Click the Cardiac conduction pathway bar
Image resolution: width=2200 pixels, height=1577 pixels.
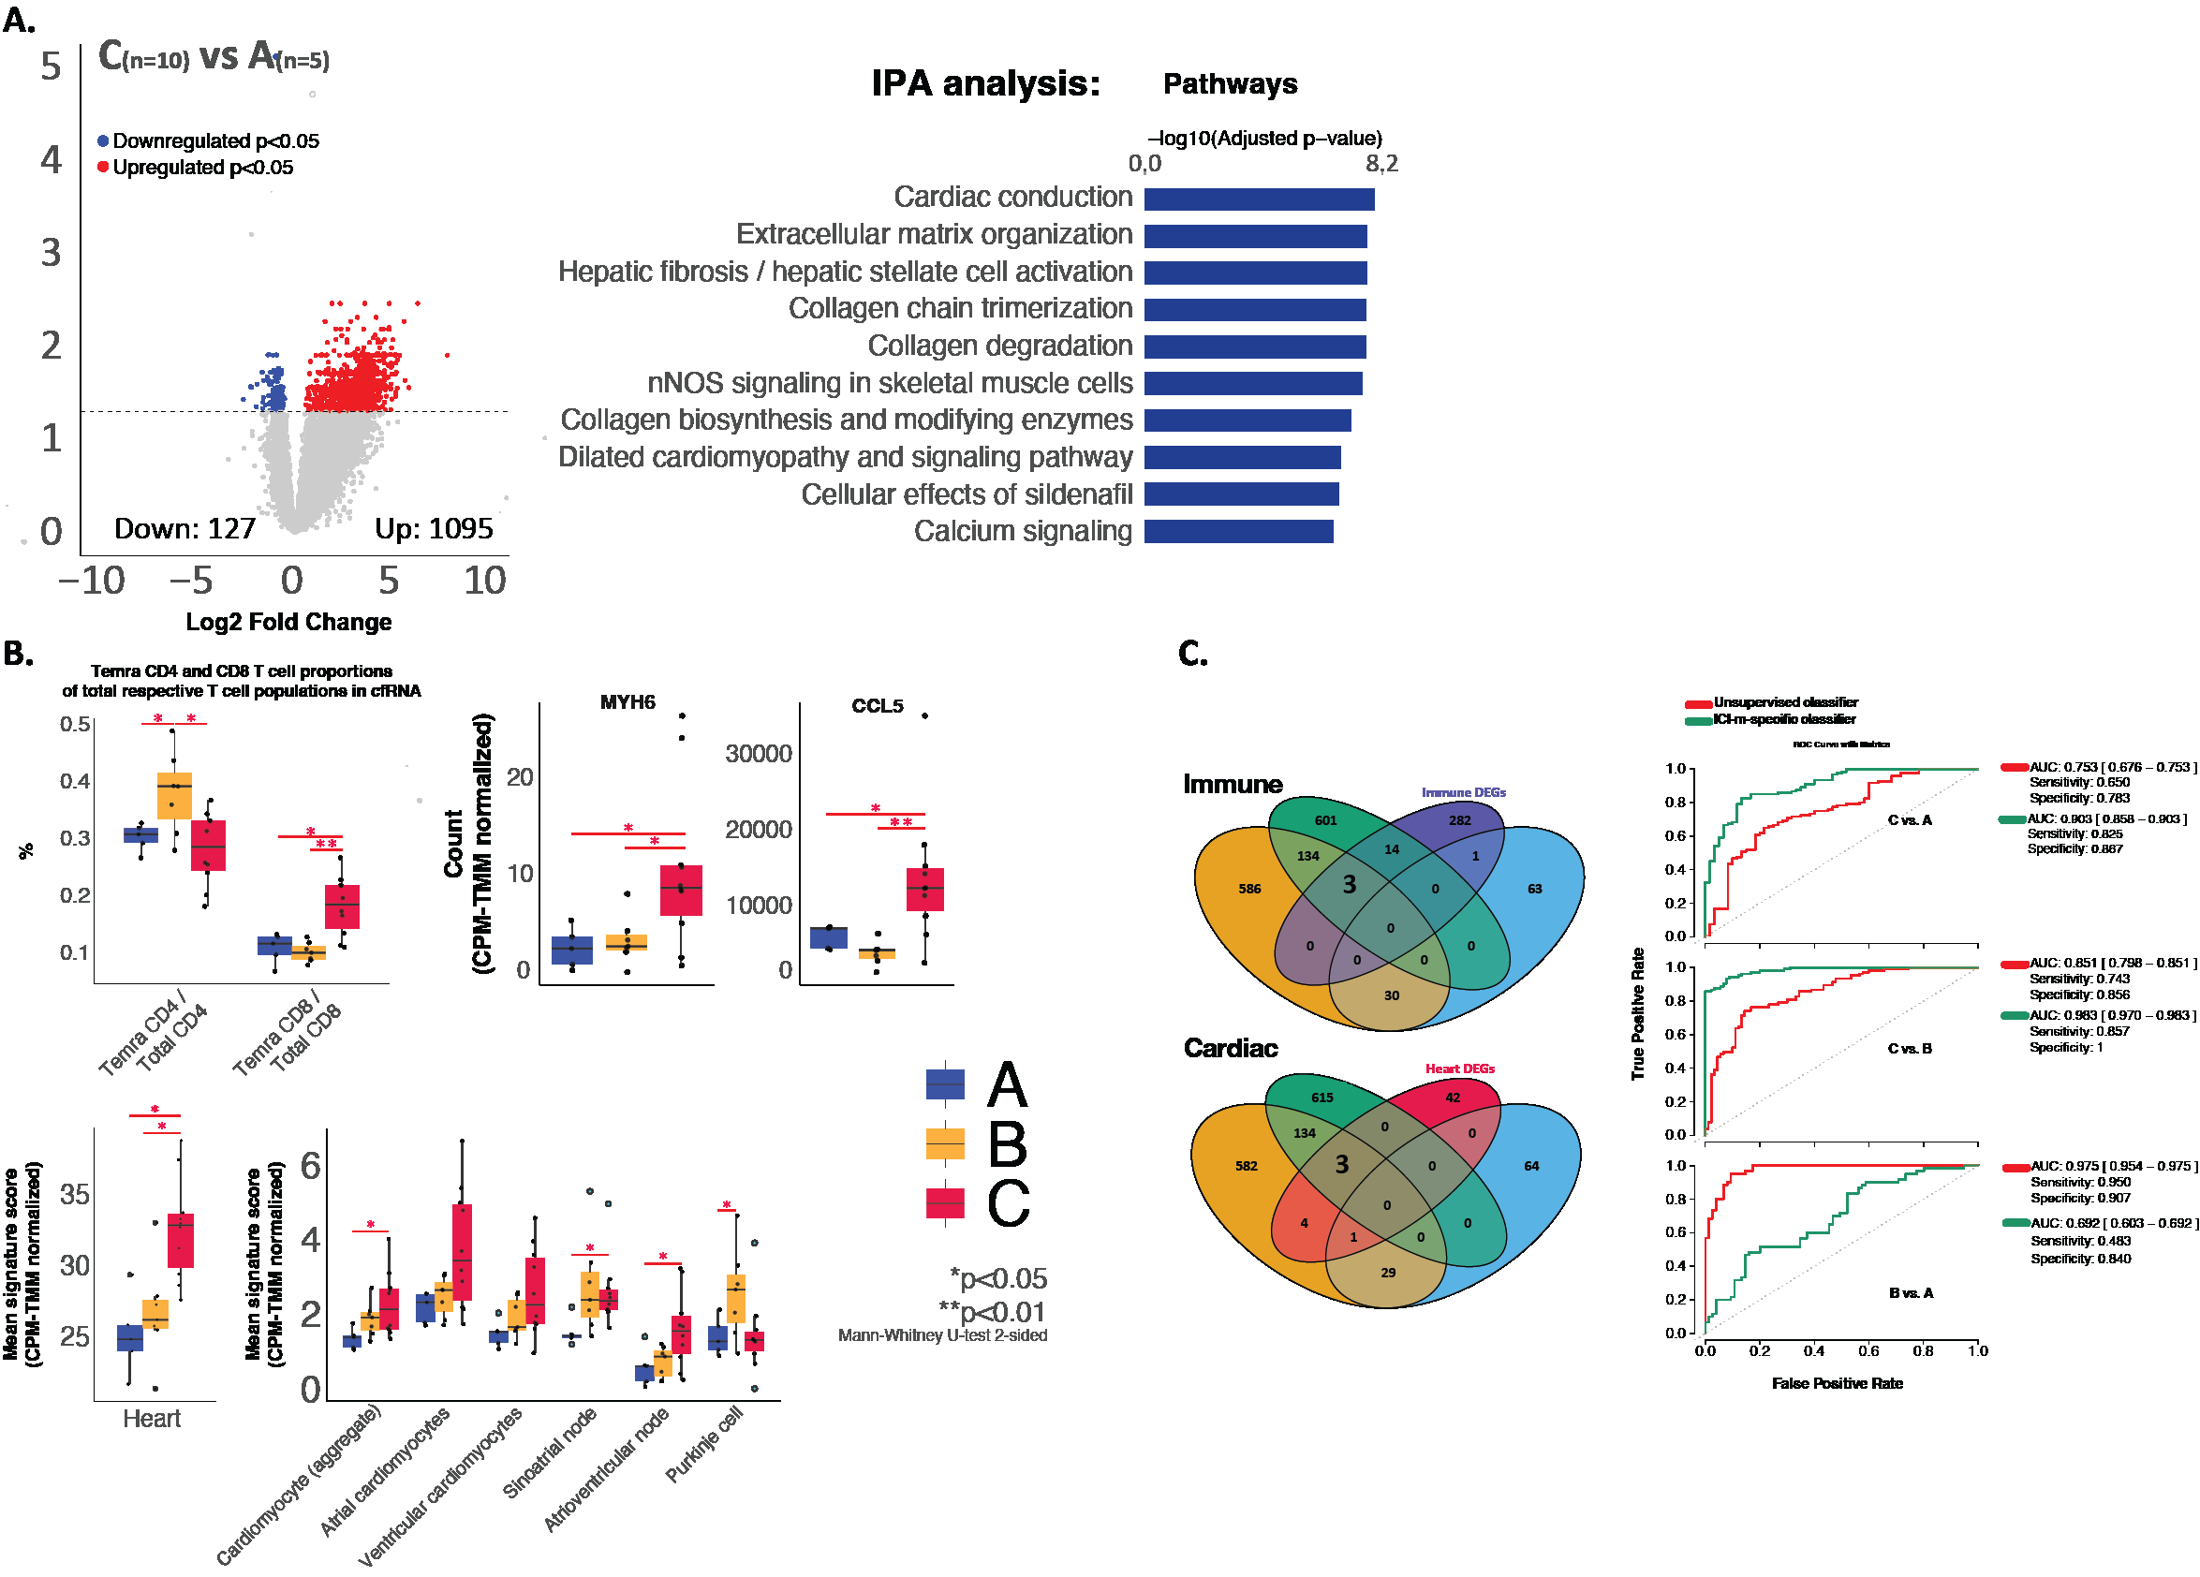point(1258,199)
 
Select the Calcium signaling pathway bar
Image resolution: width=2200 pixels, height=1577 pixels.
point(1238,532)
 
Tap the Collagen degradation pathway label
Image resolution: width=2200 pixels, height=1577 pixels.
point(999,346)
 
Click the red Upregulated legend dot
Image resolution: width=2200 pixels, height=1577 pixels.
point(103,167)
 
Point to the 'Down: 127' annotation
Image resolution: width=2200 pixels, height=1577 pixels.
point(185,528)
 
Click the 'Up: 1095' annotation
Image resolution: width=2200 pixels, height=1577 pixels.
point(434,528)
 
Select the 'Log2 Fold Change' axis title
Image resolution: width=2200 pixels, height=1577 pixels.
point(288,622)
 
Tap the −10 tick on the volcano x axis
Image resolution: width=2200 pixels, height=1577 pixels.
point(91,581)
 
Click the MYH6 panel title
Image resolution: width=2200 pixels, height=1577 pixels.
point(627,702)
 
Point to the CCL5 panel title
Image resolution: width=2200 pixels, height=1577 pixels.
point(877,706)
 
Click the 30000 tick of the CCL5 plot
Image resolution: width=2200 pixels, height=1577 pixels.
point(759,754)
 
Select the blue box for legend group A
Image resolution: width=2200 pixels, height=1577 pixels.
point(945,1083)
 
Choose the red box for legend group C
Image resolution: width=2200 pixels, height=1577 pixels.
point(945,1202)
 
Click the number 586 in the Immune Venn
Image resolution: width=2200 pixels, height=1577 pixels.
point(1249,889)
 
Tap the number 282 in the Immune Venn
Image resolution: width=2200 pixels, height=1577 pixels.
point(1459,820)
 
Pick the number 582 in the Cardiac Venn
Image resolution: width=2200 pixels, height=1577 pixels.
point(1246,1166)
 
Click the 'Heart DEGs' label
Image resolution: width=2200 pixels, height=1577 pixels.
point(1459,1069)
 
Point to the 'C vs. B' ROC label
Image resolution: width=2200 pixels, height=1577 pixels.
point(1909,1049)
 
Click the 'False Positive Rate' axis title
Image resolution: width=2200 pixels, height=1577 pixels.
point(1837,1383)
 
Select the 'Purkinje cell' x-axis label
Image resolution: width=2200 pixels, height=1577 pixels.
point(704,1444)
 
